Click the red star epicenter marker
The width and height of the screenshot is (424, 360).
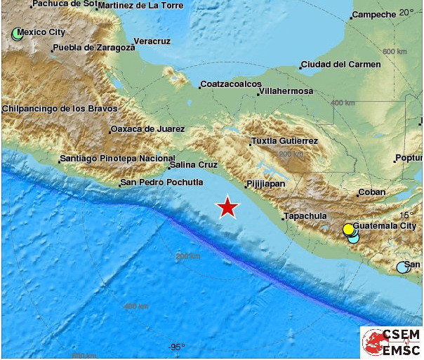[227, 207]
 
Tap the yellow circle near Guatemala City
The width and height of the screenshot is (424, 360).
[348, 229]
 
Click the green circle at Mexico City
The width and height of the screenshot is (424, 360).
[18, 33]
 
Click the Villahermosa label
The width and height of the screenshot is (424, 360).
[285, 91]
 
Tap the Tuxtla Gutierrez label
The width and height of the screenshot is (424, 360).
[284, 141]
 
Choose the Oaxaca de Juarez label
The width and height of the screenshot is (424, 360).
[147, 129]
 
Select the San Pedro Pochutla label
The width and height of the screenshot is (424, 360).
[161, 182]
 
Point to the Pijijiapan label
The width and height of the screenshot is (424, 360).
[265, 185]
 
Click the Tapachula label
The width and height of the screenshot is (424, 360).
[305, 216]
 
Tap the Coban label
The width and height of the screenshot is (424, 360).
[371, 192]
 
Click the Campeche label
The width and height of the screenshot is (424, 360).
[373, 15]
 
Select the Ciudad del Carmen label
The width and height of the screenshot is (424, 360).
[340, 65]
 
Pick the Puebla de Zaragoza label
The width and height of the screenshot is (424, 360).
[93, 48]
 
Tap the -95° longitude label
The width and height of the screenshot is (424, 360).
[176, 347]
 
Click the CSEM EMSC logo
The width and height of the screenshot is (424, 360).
[391, 342]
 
